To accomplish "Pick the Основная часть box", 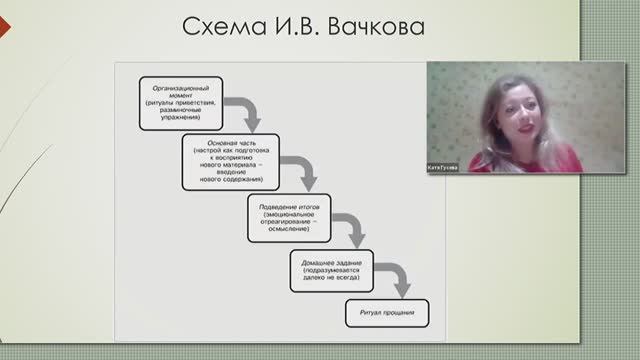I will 225,161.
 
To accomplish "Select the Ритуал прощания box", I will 381,314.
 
